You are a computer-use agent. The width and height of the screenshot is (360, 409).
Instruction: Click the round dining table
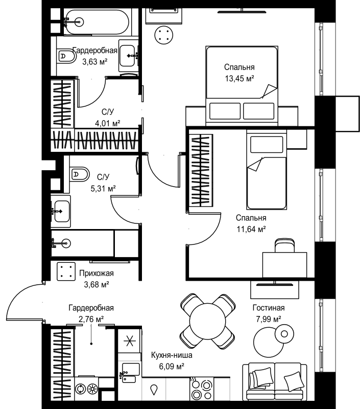(x=208, y=321)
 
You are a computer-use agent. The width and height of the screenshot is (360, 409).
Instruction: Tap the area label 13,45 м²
(x=239, y=78)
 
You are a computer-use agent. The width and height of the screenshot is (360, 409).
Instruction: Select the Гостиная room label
(x=268, y=308)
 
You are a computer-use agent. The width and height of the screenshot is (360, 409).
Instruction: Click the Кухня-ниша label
(x=172, y=355)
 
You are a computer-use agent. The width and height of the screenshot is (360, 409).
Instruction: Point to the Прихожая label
(x=97, y=273)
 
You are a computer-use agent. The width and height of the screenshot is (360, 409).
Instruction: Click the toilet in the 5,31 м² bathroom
(x=79, y=174)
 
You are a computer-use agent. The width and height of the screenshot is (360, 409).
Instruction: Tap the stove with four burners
(x=201, y=388)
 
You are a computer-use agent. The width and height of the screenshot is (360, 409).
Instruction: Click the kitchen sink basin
(x=131, y=369)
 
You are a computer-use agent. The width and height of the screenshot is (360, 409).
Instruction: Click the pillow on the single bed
(x=267, y=144)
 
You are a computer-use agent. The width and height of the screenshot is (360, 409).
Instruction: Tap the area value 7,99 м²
(x=268, y=319)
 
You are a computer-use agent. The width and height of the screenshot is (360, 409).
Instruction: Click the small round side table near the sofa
(x=284, y=334)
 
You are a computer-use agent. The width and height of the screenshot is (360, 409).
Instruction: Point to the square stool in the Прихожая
(x=66, y=271)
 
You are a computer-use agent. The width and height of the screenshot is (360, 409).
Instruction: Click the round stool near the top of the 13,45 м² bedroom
(x=163, y=35)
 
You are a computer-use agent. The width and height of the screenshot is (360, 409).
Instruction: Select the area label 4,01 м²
(x=108, y=123)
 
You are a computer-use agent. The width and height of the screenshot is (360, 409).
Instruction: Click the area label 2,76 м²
(x=91, y=319)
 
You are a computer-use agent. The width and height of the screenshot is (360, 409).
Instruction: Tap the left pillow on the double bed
(x=225, y=111)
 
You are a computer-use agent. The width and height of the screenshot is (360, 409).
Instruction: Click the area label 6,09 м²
(x=172, y=367)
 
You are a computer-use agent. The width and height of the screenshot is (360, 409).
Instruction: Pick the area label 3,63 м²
(x=95, y=62)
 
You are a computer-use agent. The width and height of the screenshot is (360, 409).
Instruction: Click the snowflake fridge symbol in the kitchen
(x=130, y=341)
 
